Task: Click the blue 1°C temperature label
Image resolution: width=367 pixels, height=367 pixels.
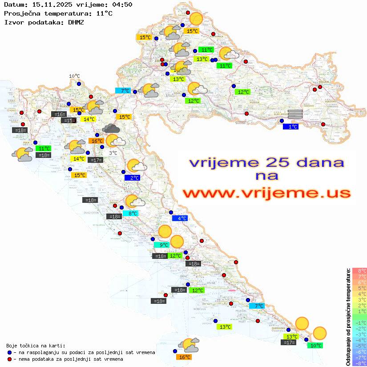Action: [x=291, y=127]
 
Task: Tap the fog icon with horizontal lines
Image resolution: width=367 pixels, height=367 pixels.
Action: [x=295, y=114]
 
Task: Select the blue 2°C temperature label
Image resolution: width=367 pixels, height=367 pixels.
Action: [x=133, y=178]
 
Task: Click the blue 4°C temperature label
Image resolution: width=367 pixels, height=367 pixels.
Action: [x=180, y=218]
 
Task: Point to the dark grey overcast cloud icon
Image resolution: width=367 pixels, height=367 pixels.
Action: [x=110, y=129]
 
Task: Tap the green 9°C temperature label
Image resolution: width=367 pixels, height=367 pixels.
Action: [x=161, y=245]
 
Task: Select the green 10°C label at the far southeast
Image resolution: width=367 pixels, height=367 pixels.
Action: [x=315, y=345]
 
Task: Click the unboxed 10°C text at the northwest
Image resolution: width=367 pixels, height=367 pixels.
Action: [x=74, y=76]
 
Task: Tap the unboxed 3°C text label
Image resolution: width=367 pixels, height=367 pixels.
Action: [x=113, y=153]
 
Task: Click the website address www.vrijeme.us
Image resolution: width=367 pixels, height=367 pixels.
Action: [x=266, y=193]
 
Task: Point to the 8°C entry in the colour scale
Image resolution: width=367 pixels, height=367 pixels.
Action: [x=359, y=270]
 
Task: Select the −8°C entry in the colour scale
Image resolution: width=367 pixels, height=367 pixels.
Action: [x=359, y=363]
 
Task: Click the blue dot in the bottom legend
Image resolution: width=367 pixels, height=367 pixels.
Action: [x=9, y=352]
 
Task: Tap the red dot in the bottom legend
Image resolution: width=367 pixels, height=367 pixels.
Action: [x=9, y=359]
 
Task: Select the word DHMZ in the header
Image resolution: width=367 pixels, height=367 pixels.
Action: [x=76, y=22]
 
